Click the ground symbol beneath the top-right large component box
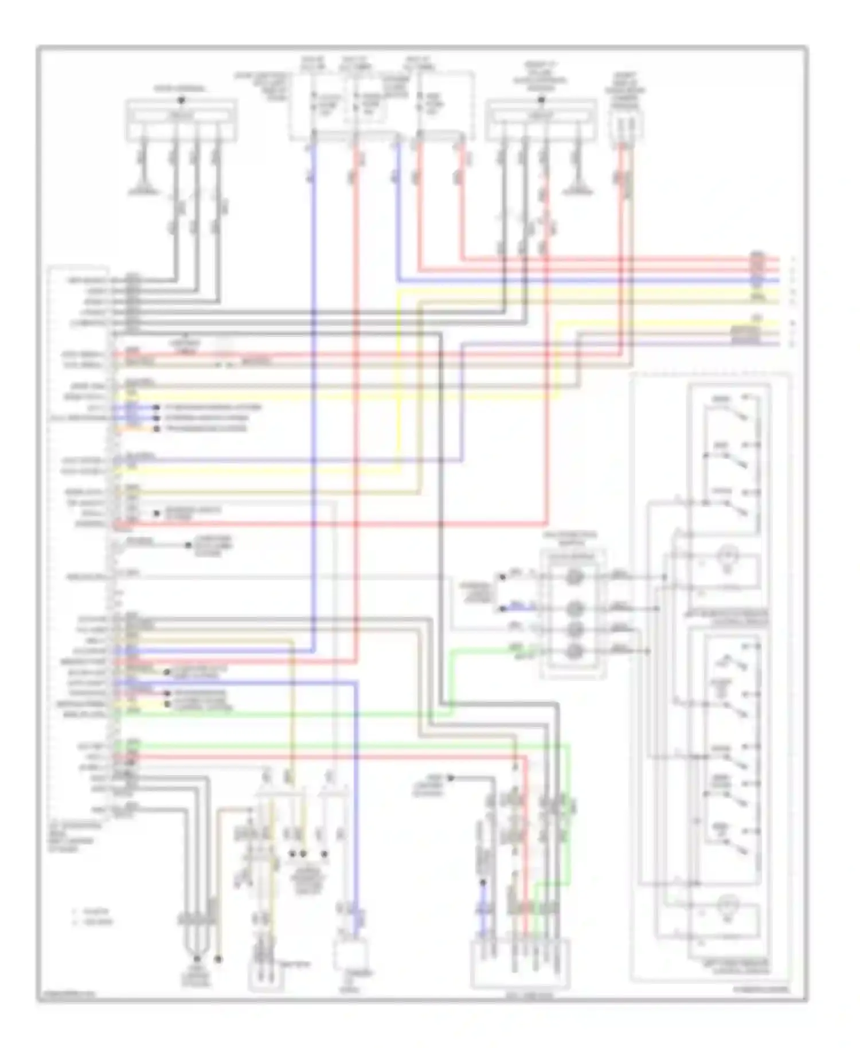click(573, 190)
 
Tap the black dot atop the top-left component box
click(181, 101)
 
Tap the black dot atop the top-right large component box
click(541, 101)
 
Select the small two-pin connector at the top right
click(626, 123)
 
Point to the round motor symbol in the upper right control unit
click(728, 557)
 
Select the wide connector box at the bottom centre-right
click(521, 963)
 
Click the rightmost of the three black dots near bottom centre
click(325, 854)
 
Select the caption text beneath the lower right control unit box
click(736, 968)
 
